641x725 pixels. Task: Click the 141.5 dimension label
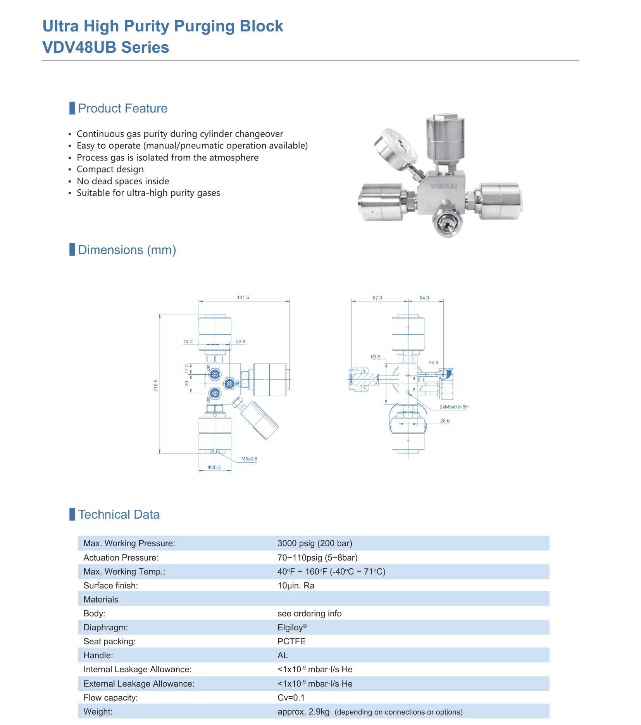[243, 298]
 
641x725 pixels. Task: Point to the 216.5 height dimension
[156, 385]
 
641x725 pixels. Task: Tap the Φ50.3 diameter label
[214, 467]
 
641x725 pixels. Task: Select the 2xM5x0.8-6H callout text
[454, 407]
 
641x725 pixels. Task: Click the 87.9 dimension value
[377, 298]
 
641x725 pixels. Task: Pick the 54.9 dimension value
[424, 298]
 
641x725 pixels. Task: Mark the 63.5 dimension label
[376, 357]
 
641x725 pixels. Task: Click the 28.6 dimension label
[445, 421]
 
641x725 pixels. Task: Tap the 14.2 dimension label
[188, 342]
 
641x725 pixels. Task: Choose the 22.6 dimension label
[241, 342]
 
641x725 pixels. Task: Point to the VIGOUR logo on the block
[444, 186]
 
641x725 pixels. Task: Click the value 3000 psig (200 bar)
[315, 543]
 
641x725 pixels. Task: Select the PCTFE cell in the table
[291, 641]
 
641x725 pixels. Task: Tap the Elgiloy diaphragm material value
[292, 627]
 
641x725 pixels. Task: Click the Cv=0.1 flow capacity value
[291, 697]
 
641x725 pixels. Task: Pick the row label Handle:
[98, 655]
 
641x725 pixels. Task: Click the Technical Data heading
[119, 514]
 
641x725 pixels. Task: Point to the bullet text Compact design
[110, 169]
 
